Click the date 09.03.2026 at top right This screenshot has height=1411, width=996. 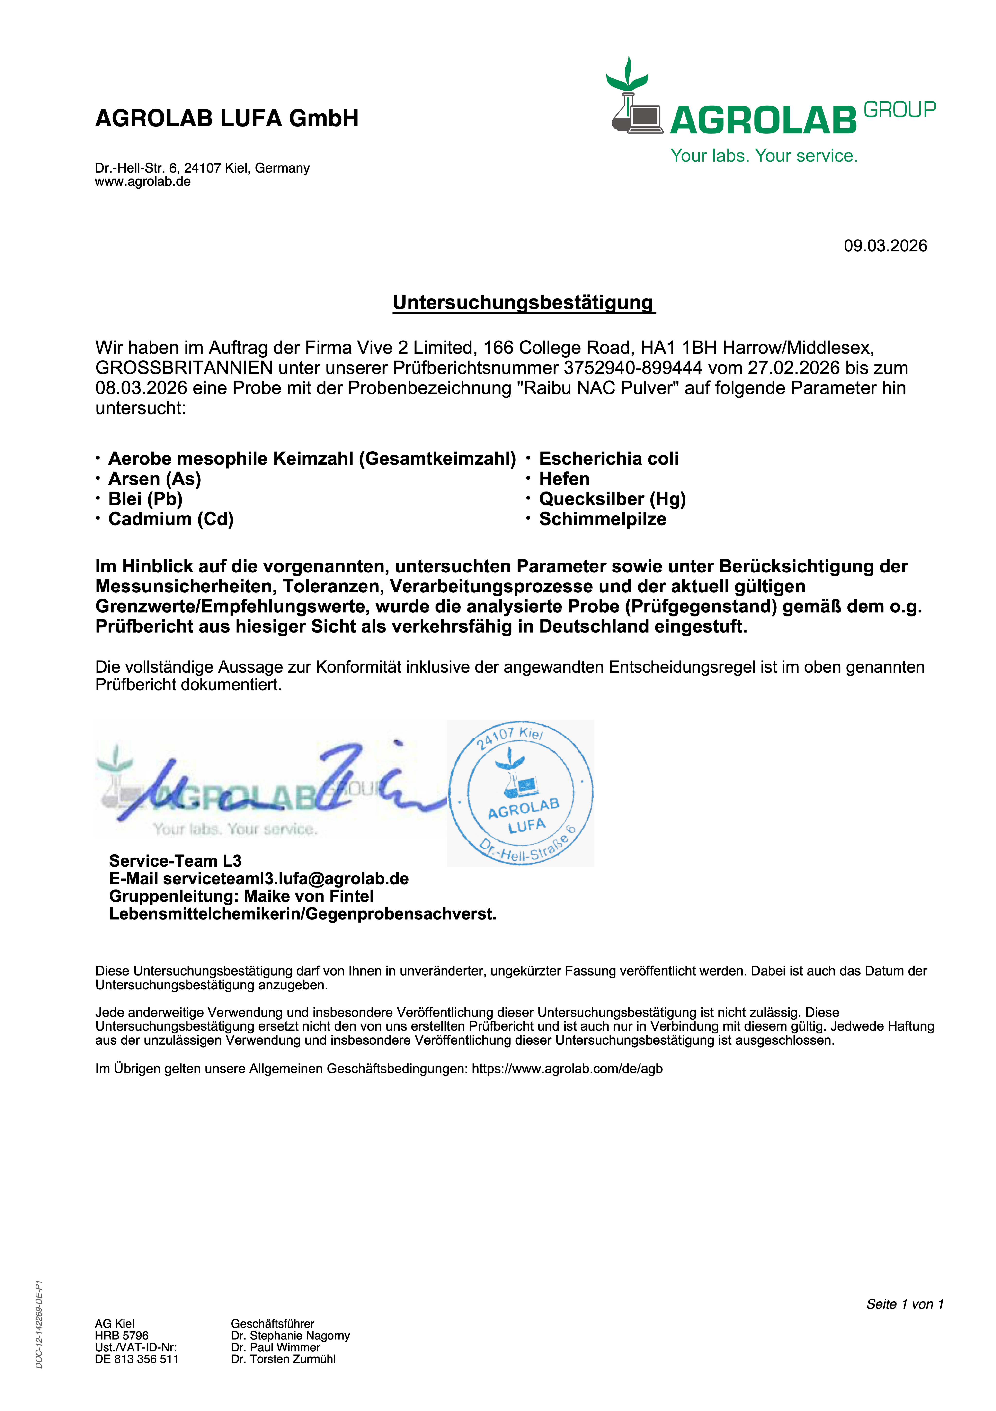885,246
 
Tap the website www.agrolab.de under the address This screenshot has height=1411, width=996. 142,182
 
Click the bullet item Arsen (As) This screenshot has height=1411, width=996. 155,479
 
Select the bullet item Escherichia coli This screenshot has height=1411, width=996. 609,459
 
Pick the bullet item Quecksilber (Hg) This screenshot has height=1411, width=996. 612,499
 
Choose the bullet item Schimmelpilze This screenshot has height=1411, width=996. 602,519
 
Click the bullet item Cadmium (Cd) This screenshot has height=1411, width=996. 171,519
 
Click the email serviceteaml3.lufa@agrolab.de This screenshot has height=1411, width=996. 285,879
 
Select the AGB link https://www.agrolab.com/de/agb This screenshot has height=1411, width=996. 567,1069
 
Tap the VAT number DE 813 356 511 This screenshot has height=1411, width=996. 136,1359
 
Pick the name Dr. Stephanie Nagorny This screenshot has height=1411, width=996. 290,1335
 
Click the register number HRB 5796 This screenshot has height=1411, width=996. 122,1335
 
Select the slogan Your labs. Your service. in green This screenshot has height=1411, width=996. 764,156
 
